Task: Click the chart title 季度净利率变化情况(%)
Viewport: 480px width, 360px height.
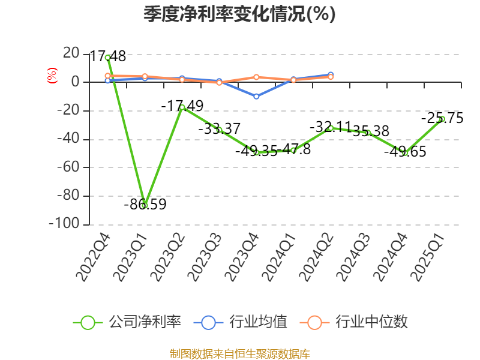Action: tap(239, 14)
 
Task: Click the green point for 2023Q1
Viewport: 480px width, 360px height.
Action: tap(145, 205)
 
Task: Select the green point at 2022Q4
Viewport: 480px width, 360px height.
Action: tap(107, 58)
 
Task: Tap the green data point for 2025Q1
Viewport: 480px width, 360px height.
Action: tap(442, 119)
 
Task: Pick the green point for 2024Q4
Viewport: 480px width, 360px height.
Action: tap(405, 153)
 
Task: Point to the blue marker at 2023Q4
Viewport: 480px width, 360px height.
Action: tap(256, 96)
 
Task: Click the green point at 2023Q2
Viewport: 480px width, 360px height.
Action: tap(182, 107)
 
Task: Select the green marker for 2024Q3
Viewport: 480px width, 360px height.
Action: tap(368, 133)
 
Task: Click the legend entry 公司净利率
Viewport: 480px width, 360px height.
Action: tap(127, 322)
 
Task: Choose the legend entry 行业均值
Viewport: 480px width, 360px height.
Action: tap(241, 322)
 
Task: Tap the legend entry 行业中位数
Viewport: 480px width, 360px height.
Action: tap(354, 322)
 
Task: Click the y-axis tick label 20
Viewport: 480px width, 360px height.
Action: tap(71, 53)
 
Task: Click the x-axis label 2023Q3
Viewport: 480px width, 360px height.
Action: tap(206, 258)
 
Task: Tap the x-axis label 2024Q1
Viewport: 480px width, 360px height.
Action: tap(280, 258)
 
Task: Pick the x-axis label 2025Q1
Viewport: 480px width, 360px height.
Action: tap(429, 258)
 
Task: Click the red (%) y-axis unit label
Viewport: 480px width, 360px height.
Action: tap(52, 76)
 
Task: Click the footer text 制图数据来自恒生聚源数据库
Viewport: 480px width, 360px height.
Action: tap(239, 353)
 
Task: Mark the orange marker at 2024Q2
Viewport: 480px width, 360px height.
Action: tap(331, 77)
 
